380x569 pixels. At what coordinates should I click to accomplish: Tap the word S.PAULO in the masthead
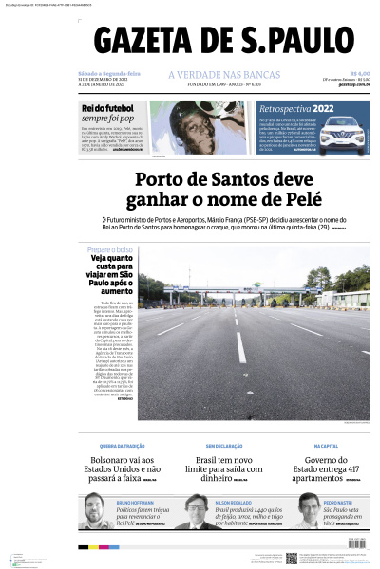tap(299, 43)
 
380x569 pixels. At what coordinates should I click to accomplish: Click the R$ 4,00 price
tap(359, 74)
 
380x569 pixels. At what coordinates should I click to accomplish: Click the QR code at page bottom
tap(292, 558)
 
